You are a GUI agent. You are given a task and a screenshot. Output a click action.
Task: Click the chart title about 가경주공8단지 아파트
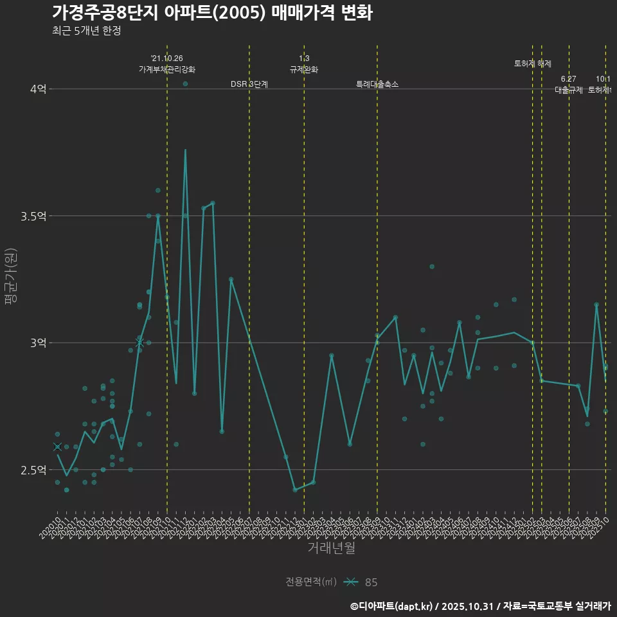pyautogui.click(x=212, y=13)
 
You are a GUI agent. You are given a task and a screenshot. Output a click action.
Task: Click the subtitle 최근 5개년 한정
pyautogui.click(x=86, y=31)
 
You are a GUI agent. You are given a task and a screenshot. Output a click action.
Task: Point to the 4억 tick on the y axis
pyautogui.click(x=39, y=89)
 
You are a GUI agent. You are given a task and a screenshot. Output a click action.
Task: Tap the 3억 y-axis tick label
pyautogui.click(x=39, y=343)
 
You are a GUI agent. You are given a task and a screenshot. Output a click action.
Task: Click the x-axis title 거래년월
pyautogui.click(x=331, y=548)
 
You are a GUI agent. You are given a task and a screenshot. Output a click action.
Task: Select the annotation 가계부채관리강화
pyautogui.click(x=167, y=69)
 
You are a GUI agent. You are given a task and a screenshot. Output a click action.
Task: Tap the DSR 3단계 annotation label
pyautogui.click(x=249, y=84)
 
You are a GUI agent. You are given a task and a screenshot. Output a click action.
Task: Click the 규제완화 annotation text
pyautogui.click(x=304, y=69)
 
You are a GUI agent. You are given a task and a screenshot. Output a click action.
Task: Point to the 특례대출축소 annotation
pyautogui.click(x=377, y=84)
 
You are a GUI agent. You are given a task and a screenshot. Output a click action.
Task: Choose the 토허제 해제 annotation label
pyautogui.click(x=533, y=64)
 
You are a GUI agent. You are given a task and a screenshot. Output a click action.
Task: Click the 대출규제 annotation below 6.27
pyautogui.click(x=569, y=90)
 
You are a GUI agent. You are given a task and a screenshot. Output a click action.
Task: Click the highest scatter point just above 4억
pyautogui.click(x=185, y=84)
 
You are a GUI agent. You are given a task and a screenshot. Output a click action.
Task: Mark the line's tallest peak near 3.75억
pyautogui.click(x=185, y=150)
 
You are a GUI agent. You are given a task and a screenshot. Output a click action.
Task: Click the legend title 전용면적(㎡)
pyautogui.click(x=310, y=582)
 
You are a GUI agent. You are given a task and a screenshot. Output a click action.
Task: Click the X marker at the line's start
pyautogui.click(x=57, y=447)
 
